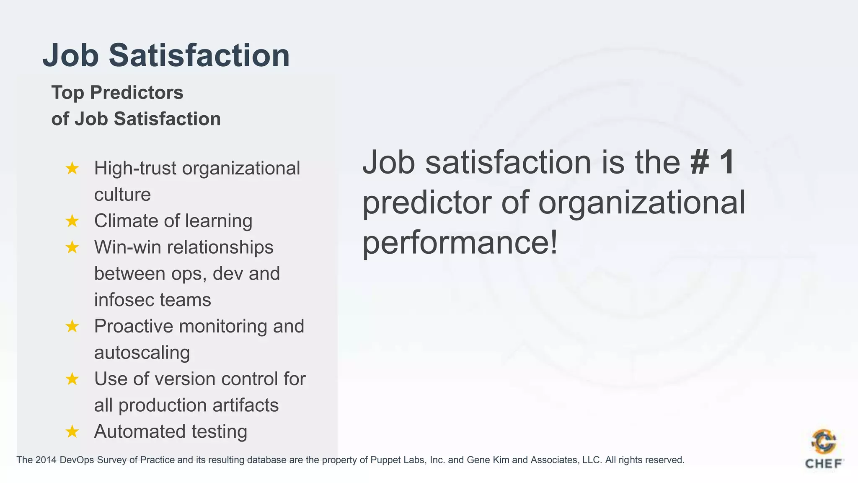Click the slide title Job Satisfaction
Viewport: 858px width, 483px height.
[166, 55]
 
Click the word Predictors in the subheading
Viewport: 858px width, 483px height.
[137, 93]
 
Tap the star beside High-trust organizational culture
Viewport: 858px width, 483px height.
[72, 169]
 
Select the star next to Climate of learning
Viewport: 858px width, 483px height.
[72, 221]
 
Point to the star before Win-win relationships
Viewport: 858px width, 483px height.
[72, 247]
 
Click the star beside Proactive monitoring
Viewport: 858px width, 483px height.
[72, 326]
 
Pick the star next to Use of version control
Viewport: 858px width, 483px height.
[72, 379]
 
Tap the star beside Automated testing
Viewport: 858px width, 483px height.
[72, 431]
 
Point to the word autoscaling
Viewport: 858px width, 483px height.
[142, 353]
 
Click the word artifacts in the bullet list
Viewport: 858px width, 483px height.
[246, 405]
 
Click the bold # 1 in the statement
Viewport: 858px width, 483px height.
[712, 162]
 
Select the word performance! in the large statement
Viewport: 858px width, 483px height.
[460, 243]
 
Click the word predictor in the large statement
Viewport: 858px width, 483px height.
[427, 203]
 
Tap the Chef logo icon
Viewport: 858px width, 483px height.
[824, 441]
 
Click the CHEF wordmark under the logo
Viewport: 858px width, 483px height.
[824, 464]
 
